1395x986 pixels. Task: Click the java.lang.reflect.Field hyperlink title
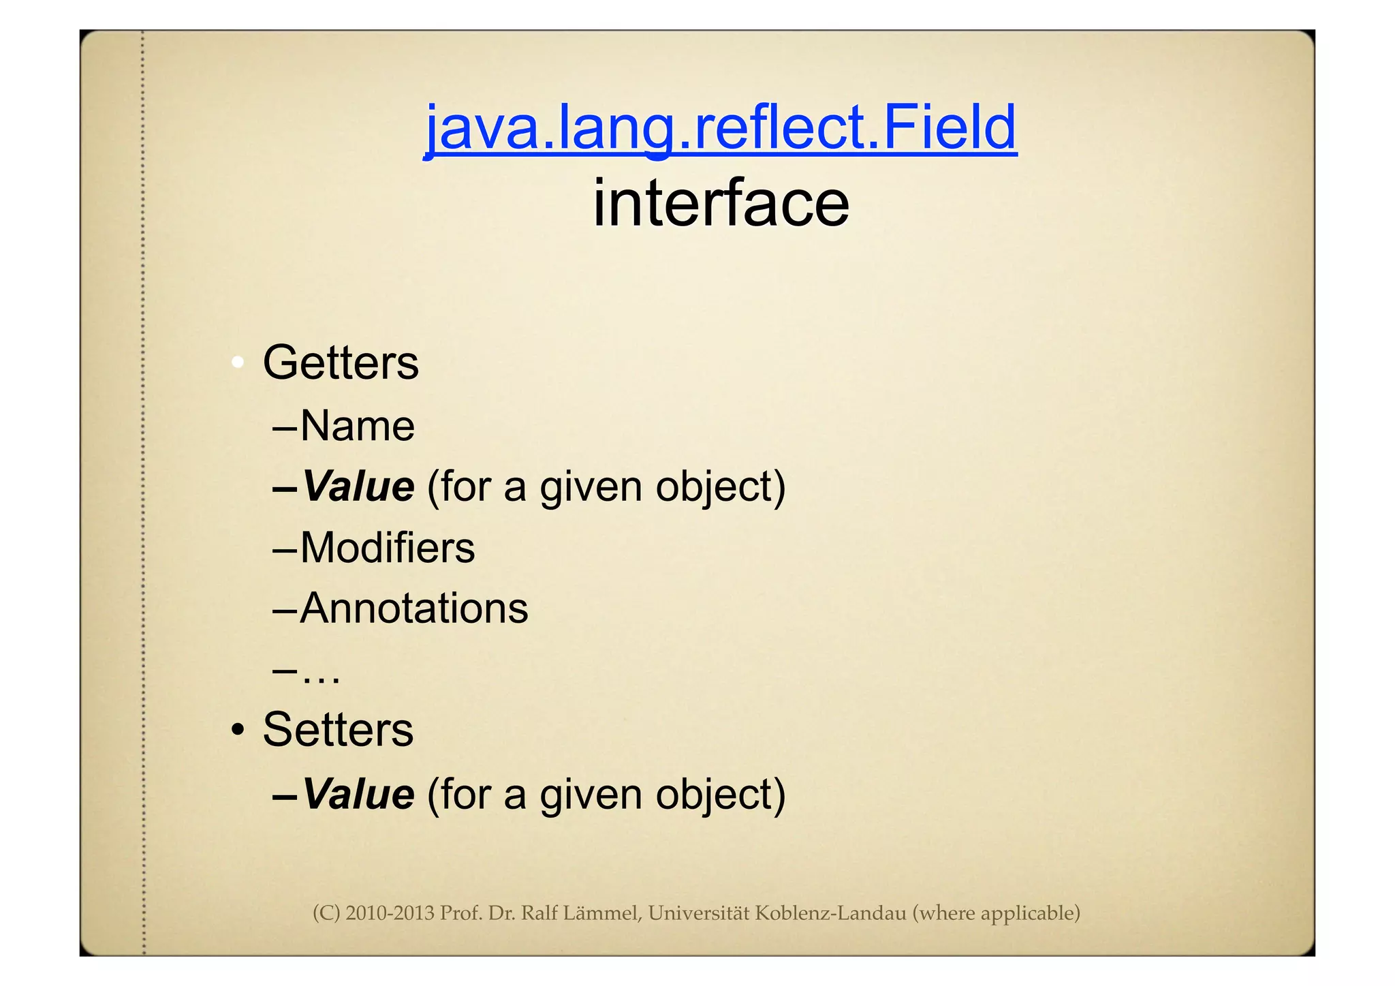coord(720,128)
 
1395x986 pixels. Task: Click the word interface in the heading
coord(721,203)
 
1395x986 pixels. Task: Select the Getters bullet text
coord(341,363)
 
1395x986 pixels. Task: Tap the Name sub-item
coord(357,427)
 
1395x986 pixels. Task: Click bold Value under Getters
coord(358,487)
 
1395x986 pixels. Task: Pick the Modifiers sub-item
coord(387,548)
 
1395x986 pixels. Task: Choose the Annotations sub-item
coord(413,608)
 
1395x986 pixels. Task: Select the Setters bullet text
coord(338,730)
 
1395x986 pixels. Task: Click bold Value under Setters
coord(358,795)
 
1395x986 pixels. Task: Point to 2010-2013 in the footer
coord(390,913)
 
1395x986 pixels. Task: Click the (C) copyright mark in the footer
coord(326,913)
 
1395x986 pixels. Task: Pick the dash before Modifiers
coord(284,549)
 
